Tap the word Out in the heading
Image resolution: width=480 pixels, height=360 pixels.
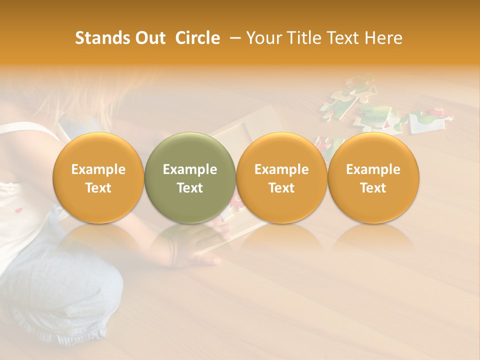pos(149,38)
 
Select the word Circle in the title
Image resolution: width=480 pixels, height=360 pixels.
pos(197,38)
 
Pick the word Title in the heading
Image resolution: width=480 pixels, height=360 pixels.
pos(304,38)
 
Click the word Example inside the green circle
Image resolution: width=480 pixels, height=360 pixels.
pos(190,169)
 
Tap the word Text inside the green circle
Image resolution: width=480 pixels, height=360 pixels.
pos(190,188)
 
